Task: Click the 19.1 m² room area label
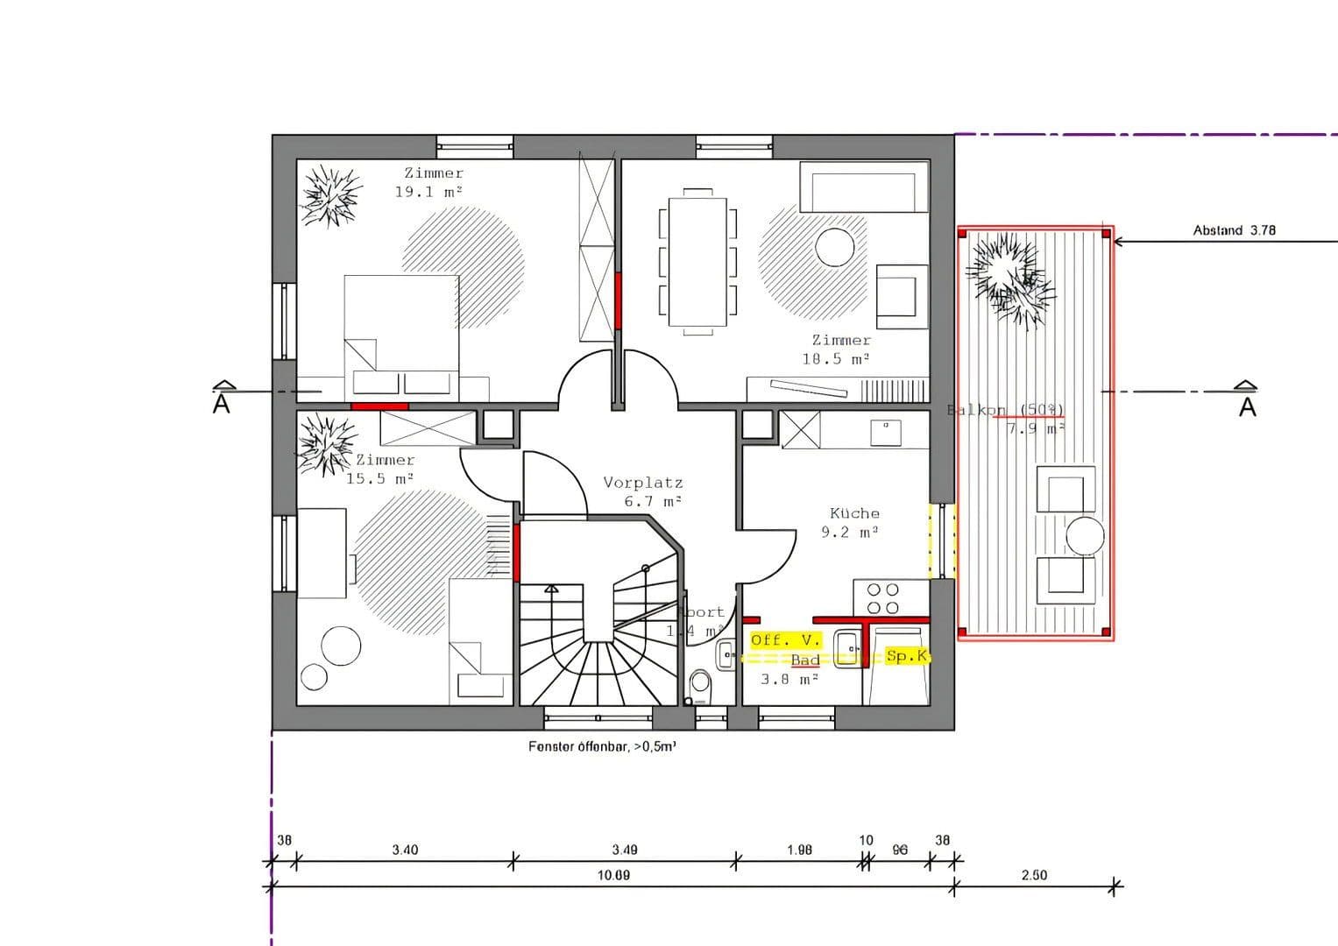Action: pos(428,192)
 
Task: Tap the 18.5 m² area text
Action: pos(835,359)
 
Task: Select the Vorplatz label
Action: pos(642,483)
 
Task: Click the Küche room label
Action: pos(853,513)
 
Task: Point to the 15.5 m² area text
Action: pos(379,479)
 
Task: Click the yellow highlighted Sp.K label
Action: pos(906,656)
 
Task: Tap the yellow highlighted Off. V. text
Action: pos(785,640)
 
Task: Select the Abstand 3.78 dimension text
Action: pos(1234,230)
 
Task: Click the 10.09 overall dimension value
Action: pos(613,875)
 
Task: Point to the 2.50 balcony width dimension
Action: pos(1034,875)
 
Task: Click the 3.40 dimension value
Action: pos(405,850)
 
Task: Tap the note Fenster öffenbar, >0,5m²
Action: pos(602,747)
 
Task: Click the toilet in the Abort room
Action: pos(700,685)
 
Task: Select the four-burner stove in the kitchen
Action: pos(882,598)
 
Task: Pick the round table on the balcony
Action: pos(1085,535)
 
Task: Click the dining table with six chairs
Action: pos(697,261)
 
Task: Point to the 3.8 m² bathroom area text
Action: pos(789,679)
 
